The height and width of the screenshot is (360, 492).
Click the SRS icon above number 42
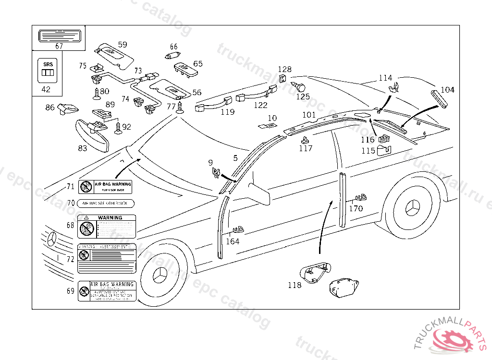[x=47, y=70]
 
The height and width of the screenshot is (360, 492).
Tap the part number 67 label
[x=59, y=47]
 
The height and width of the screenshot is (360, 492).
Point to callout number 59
[x=123, y=45]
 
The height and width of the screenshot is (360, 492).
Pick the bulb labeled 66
[x=172, y=56]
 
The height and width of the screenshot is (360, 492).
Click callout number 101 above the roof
[x=309, y=115]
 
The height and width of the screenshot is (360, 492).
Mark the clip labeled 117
[x=305, y=141]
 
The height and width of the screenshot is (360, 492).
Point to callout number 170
[x=356, y=209]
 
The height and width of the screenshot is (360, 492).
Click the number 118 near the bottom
[x=295, y=285]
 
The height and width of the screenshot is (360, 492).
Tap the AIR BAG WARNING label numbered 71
[x=105, y=187]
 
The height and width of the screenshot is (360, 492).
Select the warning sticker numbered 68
[x=107, y=227]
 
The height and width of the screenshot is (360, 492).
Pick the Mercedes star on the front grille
[x=51, y=239]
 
